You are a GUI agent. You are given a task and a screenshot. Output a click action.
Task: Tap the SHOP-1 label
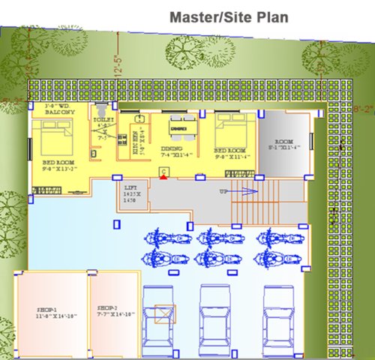click(x=49, y=312)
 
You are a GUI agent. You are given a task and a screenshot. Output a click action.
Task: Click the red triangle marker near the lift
click(x=163, y=176)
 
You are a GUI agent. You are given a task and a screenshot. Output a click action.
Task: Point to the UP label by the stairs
click(x=223, y=192)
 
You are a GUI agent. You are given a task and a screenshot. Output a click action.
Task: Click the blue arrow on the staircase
click(x=244, y=192)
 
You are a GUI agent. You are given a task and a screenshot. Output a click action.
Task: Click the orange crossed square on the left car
click(x=161, y=313)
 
